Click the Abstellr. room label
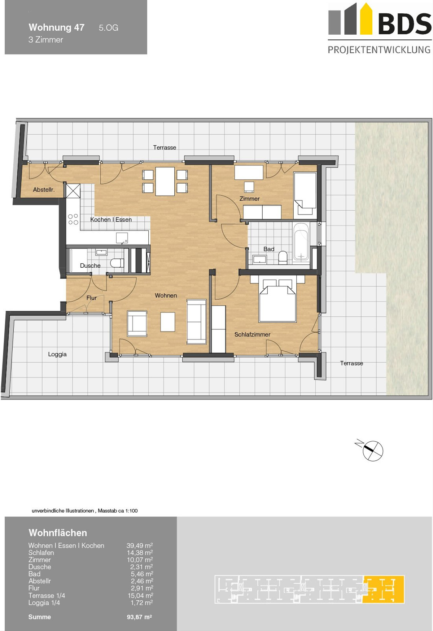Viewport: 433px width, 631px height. (44, 189)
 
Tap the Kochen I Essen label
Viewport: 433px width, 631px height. (111, 219)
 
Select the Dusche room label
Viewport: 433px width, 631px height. (90, 266)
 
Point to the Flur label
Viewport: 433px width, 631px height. (91, 298)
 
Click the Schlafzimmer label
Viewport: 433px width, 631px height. (252, 334)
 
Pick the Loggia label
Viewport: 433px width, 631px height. (57, 354)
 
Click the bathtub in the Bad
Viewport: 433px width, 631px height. (301, 242)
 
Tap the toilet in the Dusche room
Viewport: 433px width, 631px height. (117, 263)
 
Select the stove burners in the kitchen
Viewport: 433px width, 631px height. (73, 219)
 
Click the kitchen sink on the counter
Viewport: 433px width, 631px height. (122, 238)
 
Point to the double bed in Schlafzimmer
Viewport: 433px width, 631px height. (277, 299)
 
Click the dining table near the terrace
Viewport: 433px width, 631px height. (165, 181)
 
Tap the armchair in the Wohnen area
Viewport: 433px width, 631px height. (137, 324)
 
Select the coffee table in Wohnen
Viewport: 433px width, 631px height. (168, 322)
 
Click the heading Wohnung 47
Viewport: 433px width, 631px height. (57, 27)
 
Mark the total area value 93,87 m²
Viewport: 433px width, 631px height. (139, 617)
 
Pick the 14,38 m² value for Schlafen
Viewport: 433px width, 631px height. (140, 553)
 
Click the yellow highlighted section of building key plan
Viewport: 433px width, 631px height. (383, 589)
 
